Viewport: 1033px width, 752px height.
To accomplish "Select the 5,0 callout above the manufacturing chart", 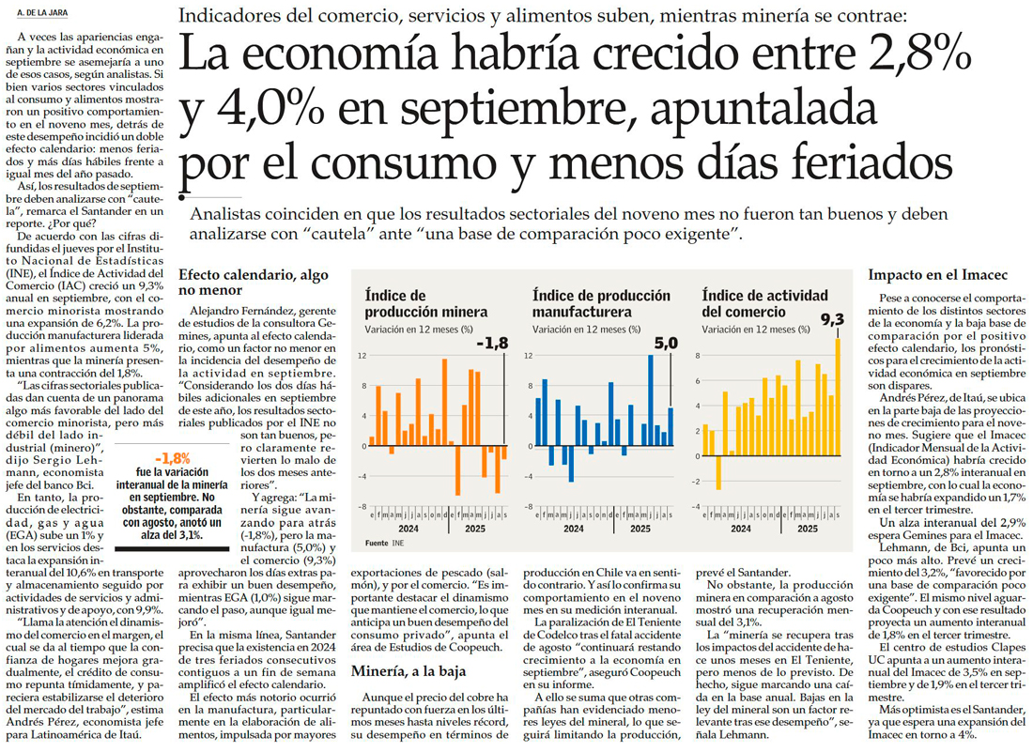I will pyautogui.click(x=665, y=344).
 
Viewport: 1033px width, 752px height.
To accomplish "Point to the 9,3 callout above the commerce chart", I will pyautogui.click(x=833, y=320).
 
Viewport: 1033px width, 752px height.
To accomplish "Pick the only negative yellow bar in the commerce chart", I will pyautogui.click(x=718, y=472).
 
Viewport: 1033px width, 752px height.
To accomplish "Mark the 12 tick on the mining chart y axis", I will pyautogui.click(x=361, y=356).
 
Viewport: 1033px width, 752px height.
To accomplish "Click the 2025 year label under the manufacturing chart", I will pyautogui.click(x=640, y=529).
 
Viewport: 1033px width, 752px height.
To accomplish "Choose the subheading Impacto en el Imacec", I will pyautogui.click(x=924, y=275).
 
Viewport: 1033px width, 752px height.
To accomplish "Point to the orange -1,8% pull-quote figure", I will pyautogui.click(x=173, y=458).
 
